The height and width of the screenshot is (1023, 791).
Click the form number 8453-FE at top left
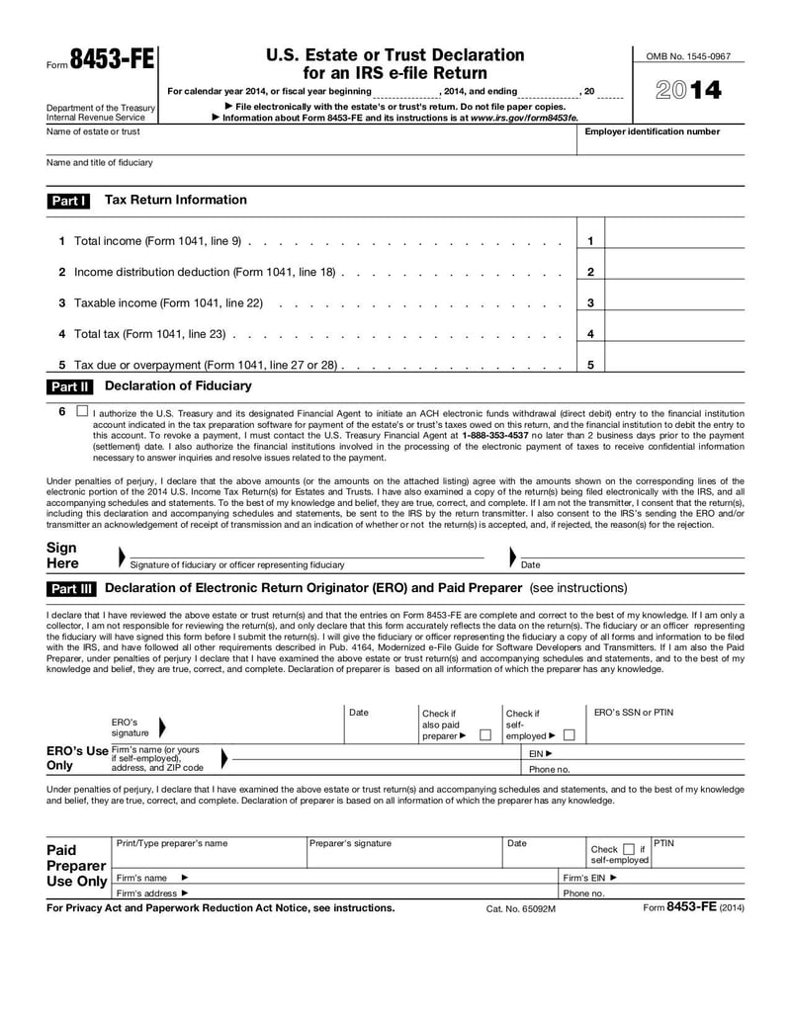pyautogui.click(x=112, y=59)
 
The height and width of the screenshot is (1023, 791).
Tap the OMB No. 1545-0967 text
pyautogui.click(x=688, y=57)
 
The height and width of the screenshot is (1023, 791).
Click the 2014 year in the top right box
pyautogui.click(x=688, y=92)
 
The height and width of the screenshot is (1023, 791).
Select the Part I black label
pyautogui.click(x=68, y=201)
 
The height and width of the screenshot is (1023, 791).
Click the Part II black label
pyautogui.click(x=69, y=386)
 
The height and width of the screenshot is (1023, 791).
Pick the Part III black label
pyautogui.click(x=71, y=589)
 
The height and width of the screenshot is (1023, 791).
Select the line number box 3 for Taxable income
pyautogui.click(x=590, y=303)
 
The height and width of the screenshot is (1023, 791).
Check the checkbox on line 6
pyautogui.click(x=81, y=410)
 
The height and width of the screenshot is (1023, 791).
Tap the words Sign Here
pyautogui.click(x=62, y=555)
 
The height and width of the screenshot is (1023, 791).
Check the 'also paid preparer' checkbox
pyautogui.click(x=484, y=735)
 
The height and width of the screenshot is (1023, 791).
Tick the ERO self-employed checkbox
pyautogui.click(x=570, y=735)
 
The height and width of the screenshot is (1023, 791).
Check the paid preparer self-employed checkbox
pyautogui.click(x=629, y=849)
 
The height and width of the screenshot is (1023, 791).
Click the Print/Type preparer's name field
pyautogui.click(x=208, y=855)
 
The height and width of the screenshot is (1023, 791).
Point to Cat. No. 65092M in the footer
pyautogui.click(x=521, y=908)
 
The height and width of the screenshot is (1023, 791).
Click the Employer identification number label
pyautogui.click(x=653, y=131)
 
